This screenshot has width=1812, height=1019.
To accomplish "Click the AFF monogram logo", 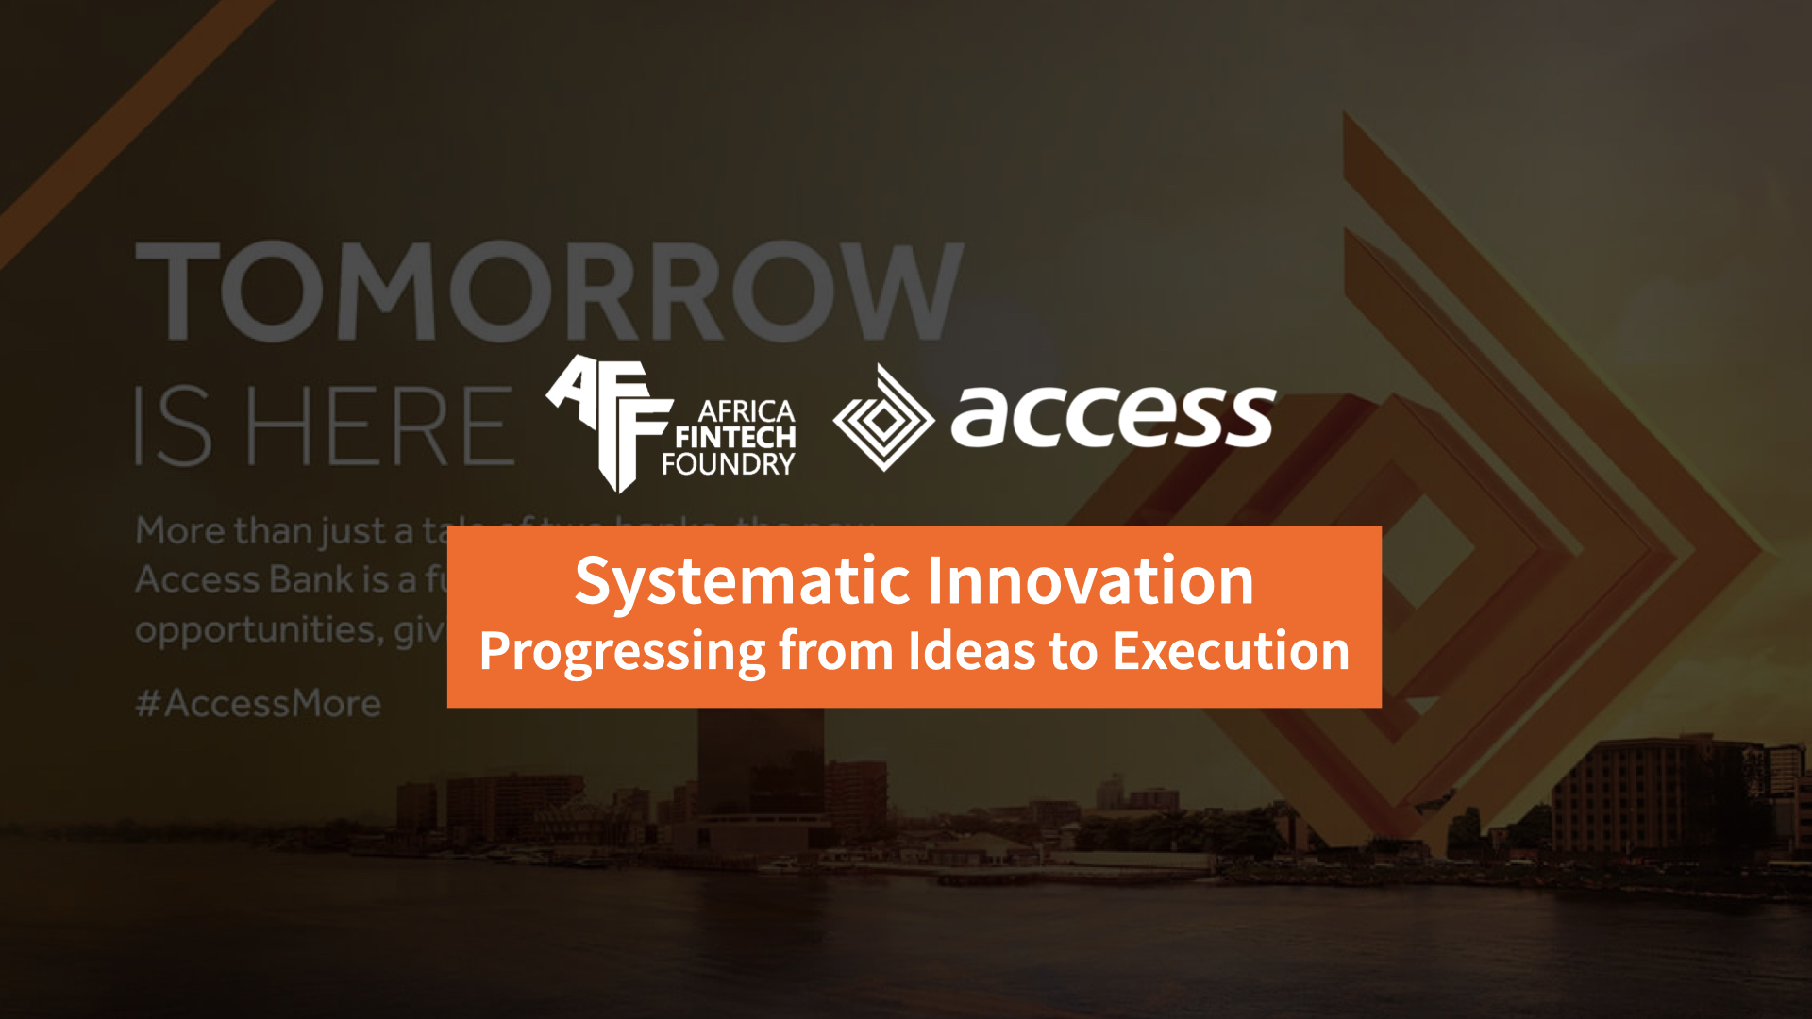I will pyautogui.click(x=609, y=420).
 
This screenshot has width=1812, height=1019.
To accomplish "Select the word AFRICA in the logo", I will pyautogui.click(x=746, y=411).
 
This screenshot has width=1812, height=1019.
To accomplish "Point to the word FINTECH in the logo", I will pyautogui.click(x=735, y=438).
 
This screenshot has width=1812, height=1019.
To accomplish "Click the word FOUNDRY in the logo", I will pyautogui.click(x=728, y=464).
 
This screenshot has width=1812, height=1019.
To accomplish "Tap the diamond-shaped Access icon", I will pyautogui.click(x=883, y=419).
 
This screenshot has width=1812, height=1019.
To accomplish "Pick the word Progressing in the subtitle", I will pyautogui.click(x=622, y=652).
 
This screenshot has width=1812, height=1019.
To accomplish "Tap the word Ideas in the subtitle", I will pyautogui.click(x=971, y=651).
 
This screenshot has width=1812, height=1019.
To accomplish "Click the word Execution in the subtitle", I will pyautogui.click(x=1231, y=651).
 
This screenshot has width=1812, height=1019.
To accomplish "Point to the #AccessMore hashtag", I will pyautogui.click(x=259, y=704).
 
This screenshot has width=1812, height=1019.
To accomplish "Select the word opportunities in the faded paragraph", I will pyautogui.click(x=255, y=630).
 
